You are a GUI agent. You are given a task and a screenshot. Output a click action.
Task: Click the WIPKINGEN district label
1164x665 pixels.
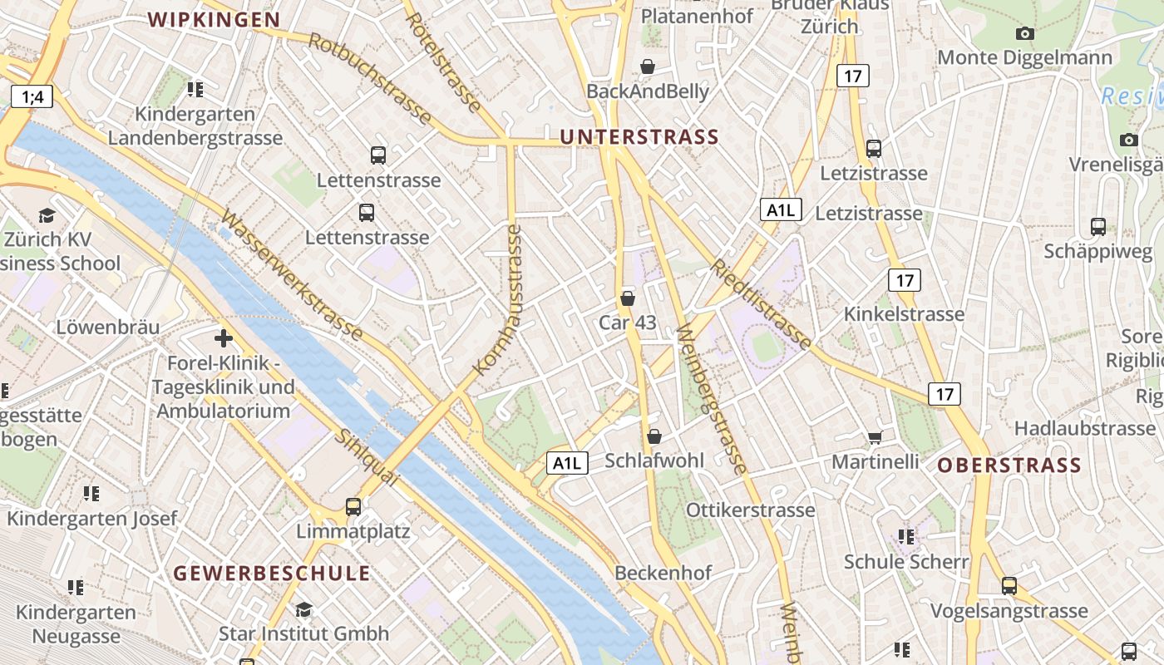coord(214,20)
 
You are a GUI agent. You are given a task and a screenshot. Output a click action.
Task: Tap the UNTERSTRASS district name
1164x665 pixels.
coord(639,137)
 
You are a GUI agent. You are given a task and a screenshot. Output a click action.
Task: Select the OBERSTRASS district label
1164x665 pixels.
coord(1009,465)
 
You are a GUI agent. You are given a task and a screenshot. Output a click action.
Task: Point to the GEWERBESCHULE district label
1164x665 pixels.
coord(272,573)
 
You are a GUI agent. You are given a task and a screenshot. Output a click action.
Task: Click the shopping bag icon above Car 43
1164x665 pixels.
coord(628,298)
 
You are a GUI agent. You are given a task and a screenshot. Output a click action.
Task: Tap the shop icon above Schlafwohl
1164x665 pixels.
coord(654,436)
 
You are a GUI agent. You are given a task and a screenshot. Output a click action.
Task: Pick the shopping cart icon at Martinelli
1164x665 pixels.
coord(875,437)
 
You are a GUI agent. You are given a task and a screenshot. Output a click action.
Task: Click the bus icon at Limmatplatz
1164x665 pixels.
coord(353,506)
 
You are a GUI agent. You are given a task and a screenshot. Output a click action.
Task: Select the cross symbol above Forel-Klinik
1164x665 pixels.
coord(223,338)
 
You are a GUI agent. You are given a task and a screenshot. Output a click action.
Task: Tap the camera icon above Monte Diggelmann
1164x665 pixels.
coord(1025,33)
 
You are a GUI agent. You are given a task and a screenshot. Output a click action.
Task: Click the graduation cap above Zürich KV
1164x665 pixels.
coord(47,215)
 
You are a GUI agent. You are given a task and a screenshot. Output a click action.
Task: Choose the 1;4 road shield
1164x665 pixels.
coord(32,96)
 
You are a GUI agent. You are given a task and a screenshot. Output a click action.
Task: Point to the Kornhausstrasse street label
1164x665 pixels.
coord(498,299)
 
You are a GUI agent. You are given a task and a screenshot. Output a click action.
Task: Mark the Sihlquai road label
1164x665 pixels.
coord(366,458)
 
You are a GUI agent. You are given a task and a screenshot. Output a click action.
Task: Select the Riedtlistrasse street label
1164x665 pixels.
coord(760,304)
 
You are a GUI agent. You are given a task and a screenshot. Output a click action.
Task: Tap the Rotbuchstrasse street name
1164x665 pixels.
coord(370,79)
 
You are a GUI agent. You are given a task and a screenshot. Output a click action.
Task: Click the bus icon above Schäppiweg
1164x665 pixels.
coord(1097,226)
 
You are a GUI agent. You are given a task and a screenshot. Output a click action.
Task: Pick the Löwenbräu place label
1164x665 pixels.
coord(107,327)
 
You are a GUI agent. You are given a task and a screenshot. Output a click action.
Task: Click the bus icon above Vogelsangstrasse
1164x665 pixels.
coord(1009,585)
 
